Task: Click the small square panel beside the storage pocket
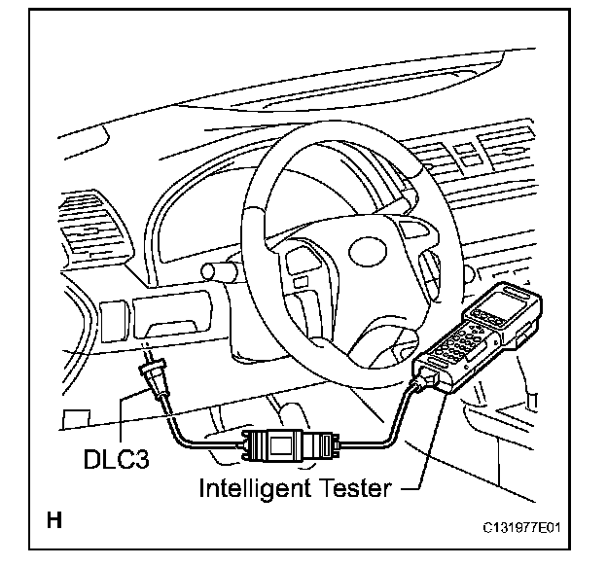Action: click(113, 320)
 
